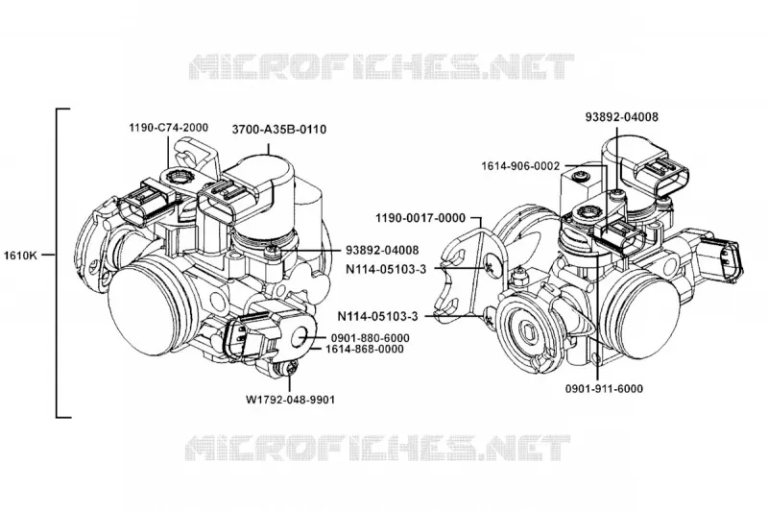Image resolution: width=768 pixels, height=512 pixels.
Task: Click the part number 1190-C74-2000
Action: tap(169, 128)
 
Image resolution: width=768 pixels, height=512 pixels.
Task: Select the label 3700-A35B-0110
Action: tap(279, 130)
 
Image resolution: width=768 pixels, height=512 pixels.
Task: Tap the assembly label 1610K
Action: tap(20, 256)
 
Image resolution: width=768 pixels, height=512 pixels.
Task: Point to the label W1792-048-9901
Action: tap(291, 400)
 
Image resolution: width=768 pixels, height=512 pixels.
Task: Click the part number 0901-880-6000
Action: tap(371, 338)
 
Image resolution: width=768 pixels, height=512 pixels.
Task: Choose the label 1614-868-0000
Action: tap(365, 349)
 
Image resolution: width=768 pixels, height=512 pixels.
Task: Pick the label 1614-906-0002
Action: tap(520, 166)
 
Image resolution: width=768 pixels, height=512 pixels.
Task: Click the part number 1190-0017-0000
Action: tap(420, 218)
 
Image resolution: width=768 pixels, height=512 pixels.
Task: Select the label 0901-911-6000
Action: tap(604, 388)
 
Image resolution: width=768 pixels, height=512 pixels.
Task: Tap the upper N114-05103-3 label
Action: tap(386, 269)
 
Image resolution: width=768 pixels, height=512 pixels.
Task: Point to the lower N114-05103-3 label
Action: tap(377, 316)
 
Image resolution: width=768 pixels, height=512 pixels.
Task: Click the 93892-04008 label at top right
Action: tap(622, 116)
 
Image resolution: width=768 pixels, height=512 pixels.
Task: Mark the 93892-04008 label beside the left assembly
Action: tap(382, 250)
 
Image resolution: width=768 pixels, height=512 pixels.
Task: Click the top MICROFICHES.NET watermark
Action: tap(381, 67)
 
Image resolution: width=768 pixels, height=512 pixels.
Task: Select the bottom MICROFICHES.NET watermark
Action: tap(378, 448)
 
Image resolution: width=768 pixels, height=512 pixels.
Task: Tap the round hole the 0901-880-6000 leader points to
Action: tap(300, 336)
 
